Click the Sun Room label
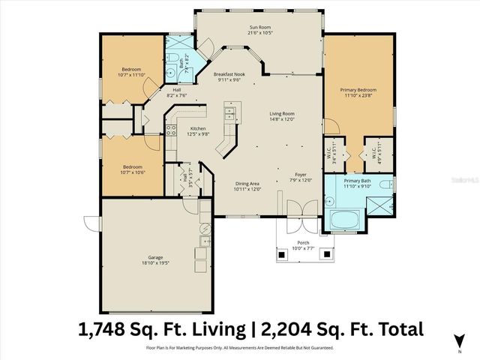[259, 28]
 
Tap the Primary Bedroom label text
[360, 90]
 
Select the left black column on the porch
[281, 255]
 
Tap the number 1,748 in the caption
[106, 328]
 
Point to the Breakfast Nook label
[229, 75]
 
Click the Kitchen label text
[198, 129]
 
